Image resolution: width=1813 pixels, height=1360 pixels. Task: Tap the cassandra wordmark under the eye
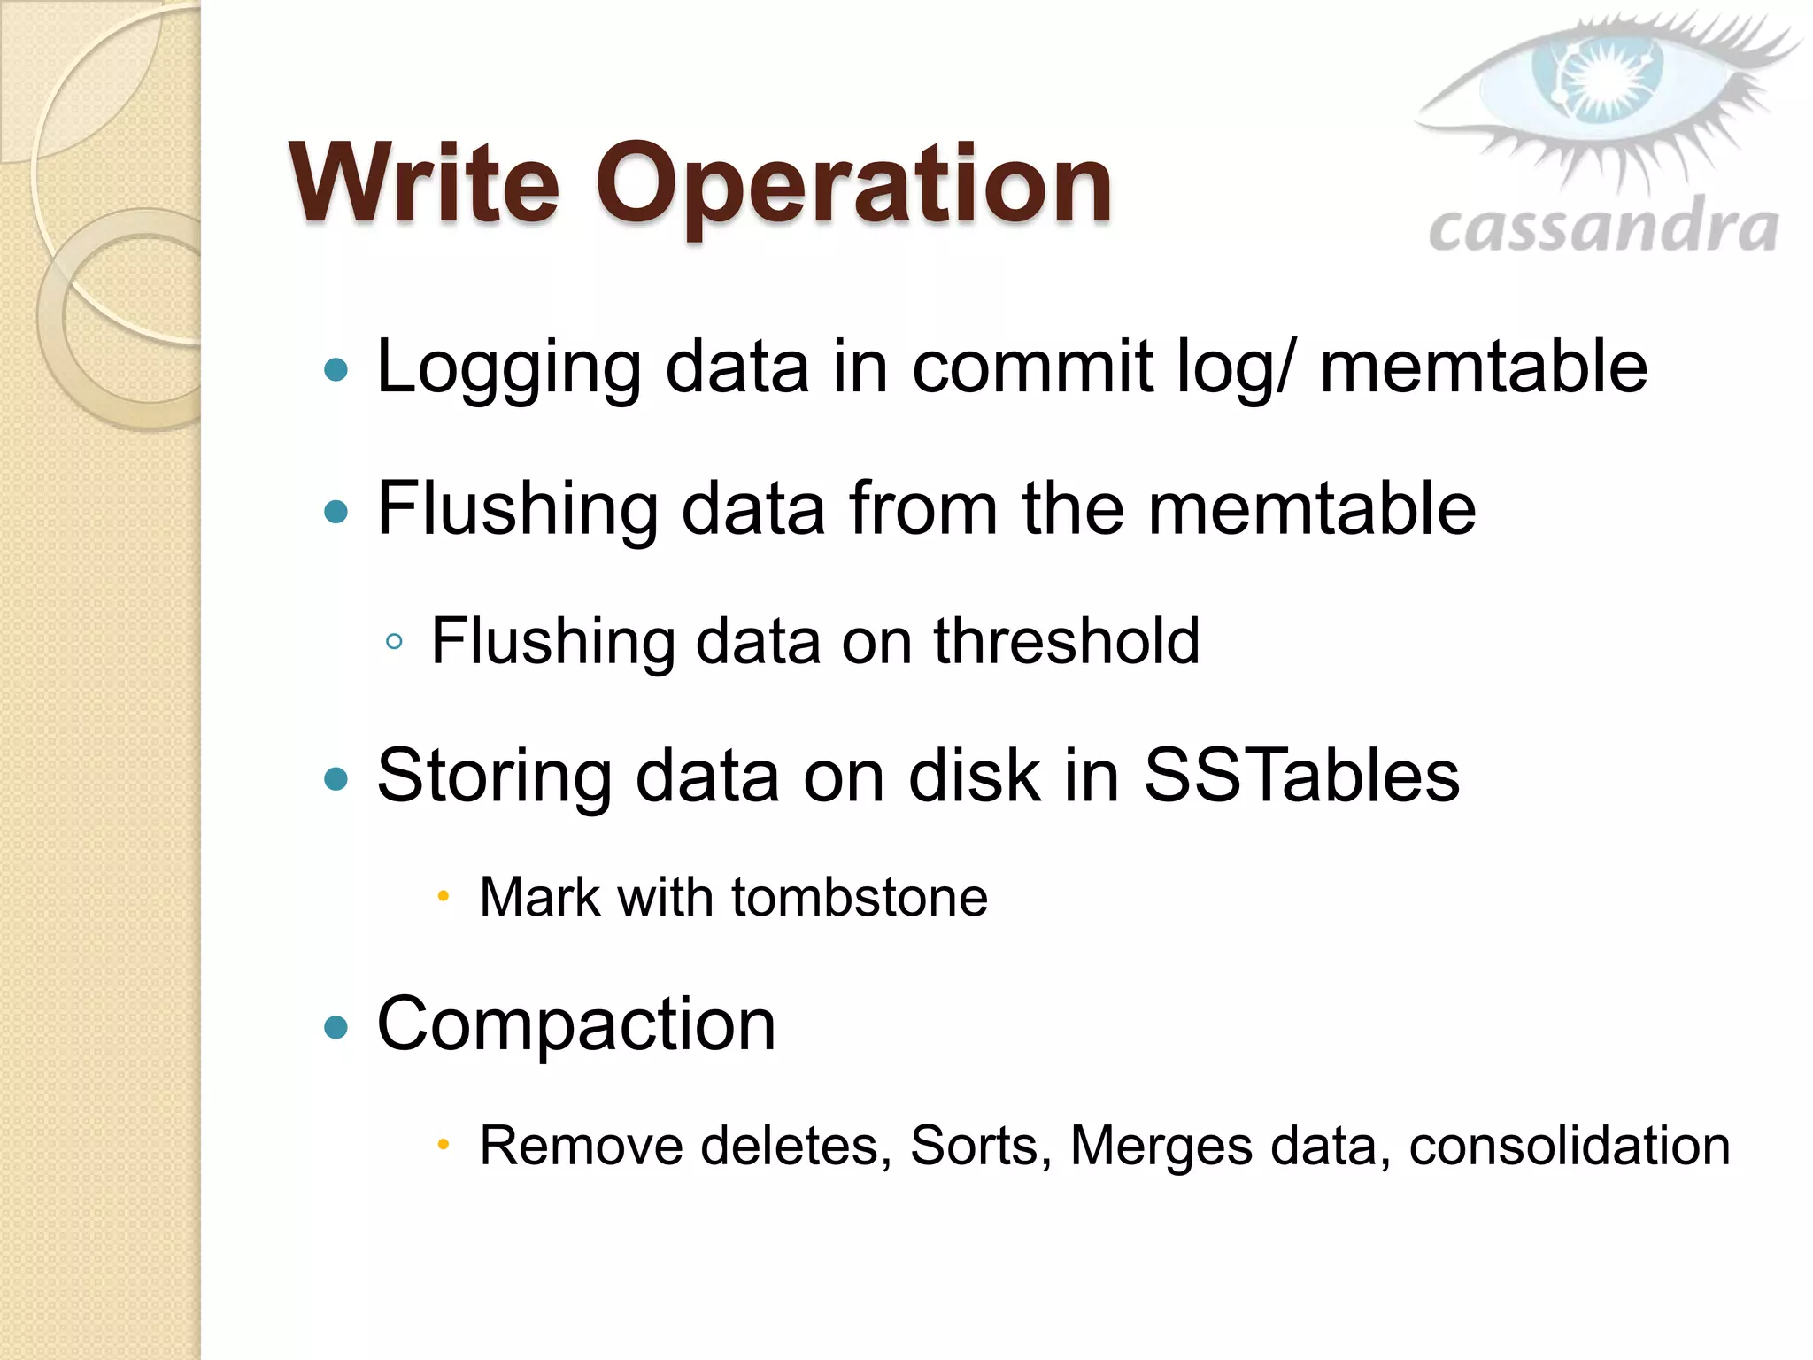pos(1603,228)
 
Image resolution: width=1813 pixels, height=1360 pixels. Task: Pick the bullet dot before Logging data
pos(336,369)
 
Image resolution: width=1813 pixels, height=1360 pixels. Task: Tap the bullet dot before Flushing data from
pos(336,511)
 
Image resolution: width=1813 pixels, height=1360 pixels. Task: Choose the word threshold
pos(1067,640)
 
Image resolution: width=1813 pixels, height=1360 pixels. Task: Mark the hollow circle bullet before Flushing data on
pos(395,642)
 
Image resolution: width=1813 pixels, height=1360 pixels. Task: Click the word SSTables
pos(1301,776)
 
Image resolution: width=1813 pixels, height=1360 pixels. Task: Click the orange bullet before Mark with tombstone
pos(444,897)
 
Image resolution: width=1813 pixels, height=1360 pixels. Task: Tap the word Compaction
pos(576,1024)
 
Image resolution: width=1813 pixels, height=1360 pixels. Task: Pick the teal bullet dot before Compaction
pos(336,1026)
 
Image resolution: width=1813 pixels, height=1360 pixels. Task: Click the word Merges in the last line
pos(1161,1146)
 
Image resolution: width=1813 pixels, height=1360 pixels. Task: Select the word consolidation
pos(1569,1146)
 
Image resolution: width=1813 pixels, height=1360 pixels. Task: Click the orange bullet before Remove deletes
pos(444,1146)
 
